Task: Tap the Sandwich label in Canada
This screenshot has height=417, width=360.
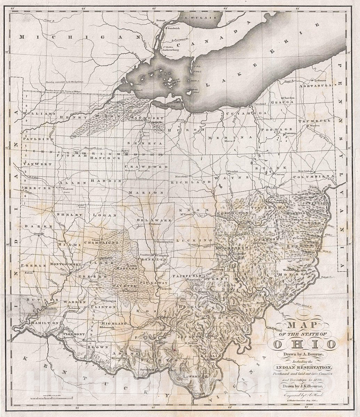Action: (x=173, y=28)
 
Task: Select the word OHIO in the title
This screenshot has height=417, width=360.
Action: (x=305, y=344)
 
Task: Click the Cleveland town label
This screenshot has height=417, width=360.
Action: (x=259, y=104)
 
